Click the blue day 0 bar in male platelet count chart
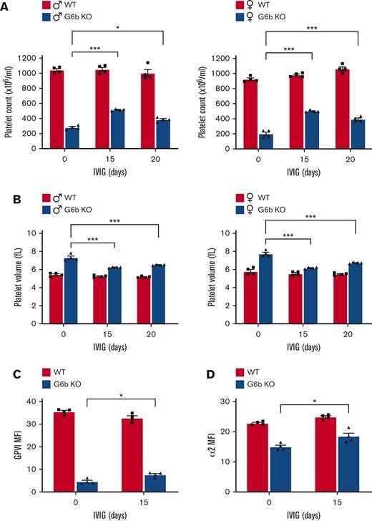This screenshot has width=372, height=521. pyautogui.click(x=72, y=138)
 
